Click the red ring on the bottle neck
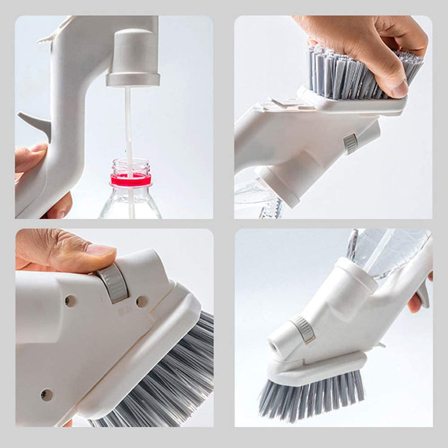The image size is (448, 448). (131, 180)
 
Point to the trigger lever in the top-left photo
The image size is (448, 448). (36, 122)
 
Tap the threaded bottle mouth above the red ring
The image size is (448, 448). (131, 165)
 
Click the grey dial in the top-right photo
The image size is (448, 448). (351, 143)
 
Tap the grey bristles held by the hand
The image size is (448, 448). (352, 72)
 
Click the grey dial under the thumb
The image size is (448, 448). (114, 282)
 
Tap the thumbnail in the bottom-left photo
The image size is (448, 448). (101, 250)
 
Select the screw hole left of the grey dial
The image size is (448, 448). (70, 301)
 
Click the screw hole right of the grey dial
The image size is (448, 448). (142, 302)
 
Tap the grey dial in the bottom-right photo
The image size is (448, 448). (303, 329)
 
